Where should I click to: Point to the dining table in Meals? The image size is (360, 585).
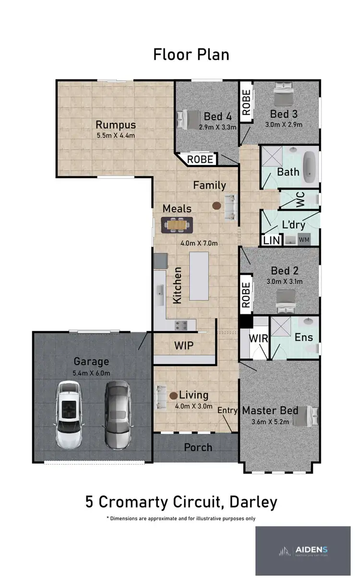click(x=177, y=224)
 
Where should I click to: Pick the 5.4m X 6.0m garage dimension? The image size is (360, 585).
click(x=91, y=373)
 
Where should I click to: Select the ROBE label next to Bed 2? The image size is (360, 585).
click(x=246, y=295)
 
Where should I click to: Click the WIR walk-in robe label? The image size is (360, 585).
click(x=257, y=338)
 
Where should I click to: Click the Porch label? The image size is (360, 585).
click(x=198, y=447)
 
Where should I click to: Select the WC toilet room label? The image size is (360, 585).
click(x=301, y=200)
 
